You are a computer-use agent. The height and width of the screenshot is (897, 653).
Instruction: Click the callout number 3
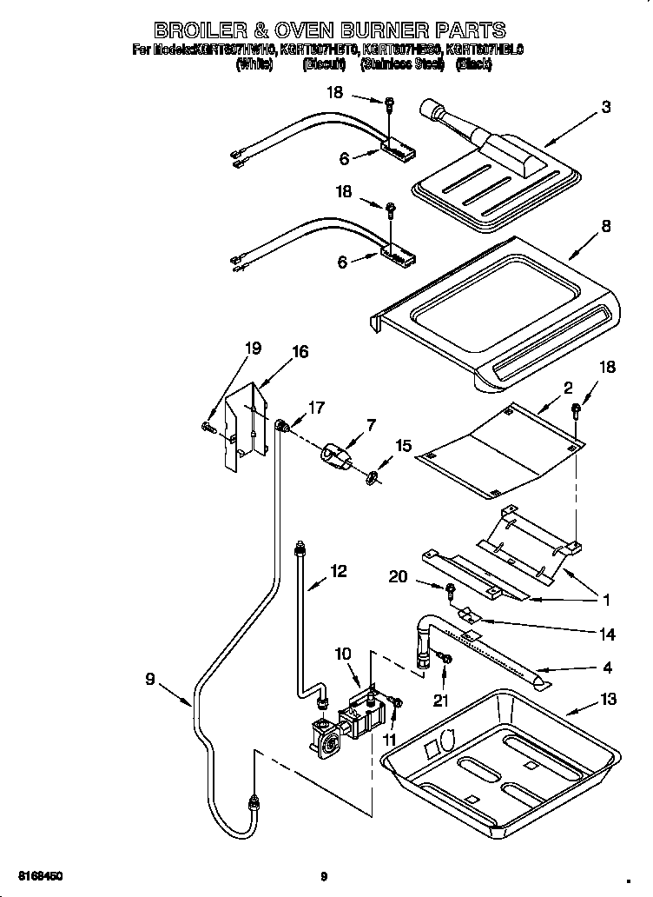point(605,108)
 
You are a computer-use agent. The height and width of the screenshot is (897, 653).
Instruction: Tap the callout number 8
point(605,226)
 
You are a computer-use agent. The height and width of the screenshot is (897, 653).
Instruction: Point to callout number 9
point(150,680)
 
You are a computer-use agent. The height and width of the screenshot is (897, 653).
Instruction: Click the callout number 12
point(338,571)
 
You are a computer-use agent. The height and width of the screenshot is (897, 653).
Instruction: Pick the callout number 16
point(300,352)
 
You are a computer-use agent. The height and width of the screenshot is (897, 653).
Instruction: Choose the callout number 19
point(253,349)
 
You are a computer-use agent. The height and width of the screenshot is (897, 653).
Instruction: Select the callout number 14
point(607,635)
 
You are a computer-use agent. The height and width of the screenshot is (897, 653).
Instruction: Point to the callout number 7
point(371,425)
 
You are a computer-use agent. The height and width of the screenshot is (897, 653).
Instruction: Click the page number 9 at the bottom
point(323,876)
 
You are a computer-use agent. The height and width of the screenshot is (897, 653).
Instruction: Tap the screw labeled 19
point(208,426)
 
